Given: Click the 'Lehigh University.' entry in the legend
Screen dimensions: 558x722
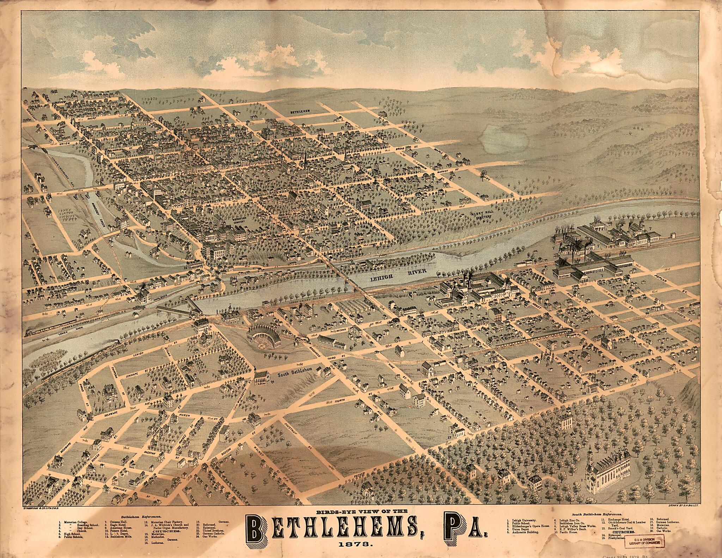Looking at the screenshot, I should [523, 520].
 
